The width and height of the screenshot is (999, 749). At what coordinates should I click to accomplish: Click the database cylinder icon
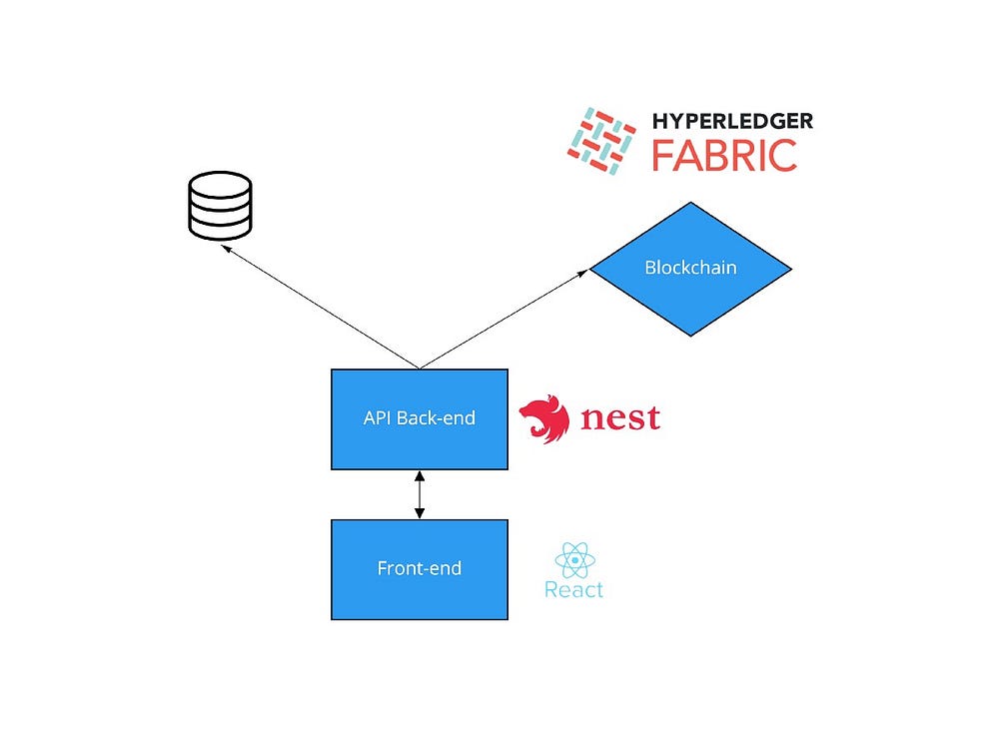(220, 206)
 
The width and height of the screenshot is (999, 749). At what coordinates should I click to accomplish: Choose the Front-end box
(420, 569)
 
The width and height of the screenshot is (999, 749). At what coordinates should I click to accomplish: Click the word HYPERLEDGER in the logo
(732, 122)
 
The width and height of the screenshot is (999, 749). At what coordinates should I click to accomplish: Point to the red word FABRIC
(724, 156)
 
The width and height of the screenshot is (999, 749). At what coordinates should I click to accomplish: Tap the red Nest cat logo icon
(544, 419)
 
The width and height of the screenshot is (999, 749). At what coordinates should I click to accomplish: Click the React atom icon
(574, 559)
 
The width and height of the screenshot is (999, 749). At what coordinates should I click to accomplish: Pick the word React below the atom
(573, 590)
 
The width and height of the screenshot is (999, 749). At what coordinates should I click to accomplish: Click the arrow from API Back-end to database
(320, 308)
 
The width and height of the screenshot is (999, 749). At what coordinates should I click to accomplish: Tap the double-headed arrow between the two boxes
(420, 494)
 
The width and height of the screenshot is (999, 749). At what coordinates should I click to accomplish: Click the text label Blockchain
(690, 268)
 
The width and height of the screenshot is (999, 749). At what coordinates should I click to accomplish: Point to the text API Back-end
(420, 417)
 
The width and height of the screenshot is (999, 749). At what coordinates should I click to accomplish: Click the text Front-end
(420, 569)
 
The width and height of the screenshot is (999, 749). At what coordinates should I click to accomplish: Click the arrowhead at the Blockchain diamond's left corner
(584, 272)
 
